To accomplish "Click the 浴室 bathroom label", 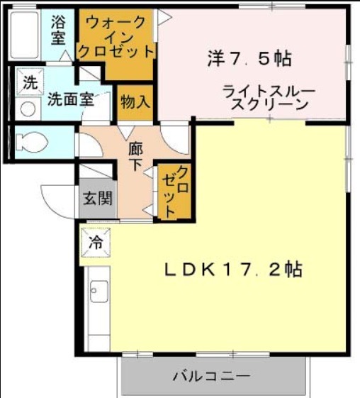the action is pos(59,30).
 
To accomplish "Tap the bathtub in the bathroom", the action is pos(24,35).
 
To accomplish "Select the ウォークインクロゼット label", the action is pos(116,37).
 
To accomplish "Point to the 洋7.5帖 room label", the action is pos(249,59).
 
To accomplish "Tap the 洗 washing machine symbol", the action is pos(30,82).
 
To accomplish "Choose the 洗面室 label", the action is pos(72,99).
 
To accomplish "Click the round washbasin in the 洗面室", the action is pos(28,109).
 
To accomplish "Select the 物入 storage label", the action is pos(135,102).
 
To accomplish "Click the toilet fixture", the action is pos(32,143).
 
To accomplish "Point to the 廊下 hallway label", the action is pos(135,156).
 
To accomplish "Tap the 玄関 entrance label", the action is pos(98,198).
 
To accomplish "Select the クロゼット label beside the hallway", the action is pos(176,192).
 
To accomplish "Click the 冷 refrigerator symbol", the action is pos(96,243).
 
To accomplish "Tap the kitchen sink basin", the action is pos(99,292).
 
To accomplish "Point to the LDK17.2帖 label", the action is pos(233,270).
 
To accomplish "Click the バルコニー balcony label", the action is pos(212,376).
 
